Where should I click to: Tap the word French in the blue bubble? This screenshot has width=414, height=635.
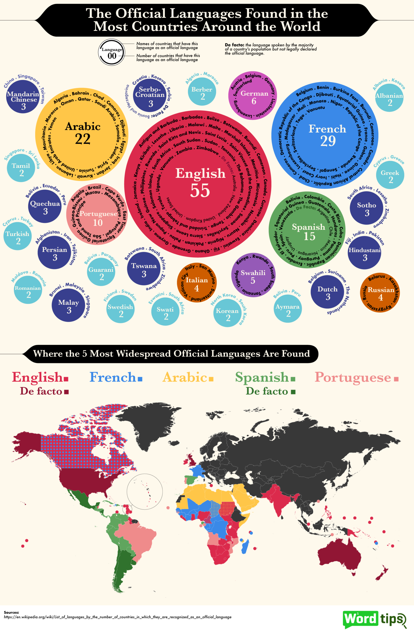click(x=327, y=129)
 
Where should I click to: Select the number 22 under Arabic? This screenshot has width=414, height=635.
click(x=83, y=139)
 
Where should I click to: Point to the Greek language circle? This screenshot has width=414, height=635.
click(x=390, y=175)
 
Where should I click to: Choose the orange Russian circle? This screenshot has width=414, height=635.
click(x=380, y=292)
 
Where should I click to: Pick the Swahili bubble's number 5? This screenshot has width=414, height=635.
click(x=253, y=280)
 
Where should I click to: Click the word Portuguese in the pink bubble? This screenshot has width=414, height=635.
click(x=98, y=214)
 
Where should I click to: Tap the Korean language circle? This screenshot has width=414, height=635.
click(x=227, y=313)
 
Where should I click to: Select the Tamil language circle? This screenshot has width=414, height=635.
click(x=21, y=168)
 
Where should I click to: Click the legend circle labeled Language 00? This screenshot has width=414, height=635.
click(x=112, y=53)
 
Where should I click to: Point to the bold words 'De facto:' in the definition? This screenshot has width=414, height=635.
click(x=234, y=45)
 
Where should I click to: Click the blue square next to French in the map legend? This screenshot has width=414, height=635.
click(x=140, y=379)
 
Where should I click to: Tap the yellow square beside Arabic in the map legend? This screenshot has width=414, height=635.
click(x=211, y=379)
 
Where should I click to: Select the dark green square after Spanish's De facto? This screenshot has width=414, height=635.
click(x=293, y=392)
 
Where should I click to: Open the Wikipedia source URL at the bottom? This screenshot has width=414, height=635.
click(x=118, y=622)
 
